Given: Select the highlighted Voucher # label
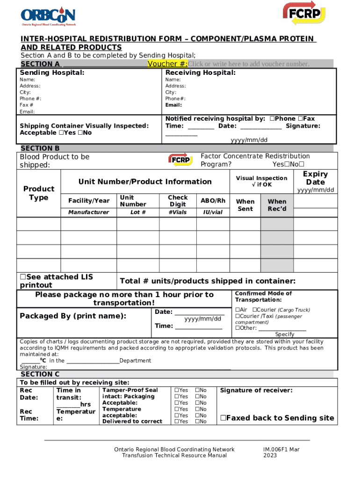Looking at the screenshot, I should [x=167, y=64].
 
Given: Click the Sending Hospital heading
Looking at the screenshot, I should [x=52, y=73].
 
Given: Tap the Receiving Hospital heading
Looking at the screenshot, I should [x=200, y=73].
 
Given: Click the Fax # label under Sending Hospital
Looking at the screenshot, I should [x=27, y=105].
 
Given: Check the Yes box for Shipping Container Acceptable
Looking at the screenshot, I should [x=61, y=133].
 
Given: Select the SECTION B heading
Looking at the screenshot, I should [x=40, y=148].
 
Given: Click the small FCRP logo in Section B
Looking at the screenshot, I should [x=180, y=160].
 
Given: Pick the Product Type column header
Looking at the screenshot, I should [x=39, y=193].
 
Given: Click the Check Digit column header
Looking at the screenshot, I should [x=178, y=201].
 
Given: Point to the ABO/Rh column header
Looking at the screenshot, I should [x=213, y=201].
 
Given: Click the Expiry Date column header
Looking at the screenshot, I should [x=316, y=178].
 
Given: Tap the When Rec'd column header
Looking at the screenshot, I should [x=277, y=205].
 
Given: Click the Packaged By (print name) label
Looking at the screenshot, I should [x=72, y=316].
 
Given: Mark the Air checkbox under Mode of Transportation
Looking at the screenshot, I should [x=238, y=310].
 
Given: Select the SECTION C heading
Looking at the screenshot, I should [x=40, y=374].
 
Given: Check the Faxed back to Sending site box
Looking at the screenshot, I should [x=223, y=418].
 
